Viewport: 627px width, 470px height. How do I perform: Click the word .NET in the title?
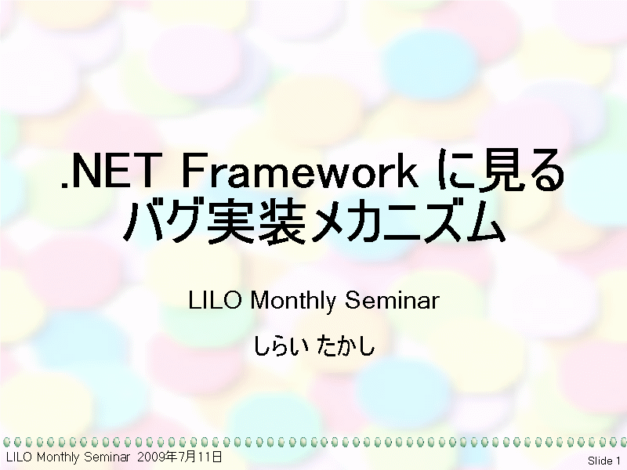tap(108, 171)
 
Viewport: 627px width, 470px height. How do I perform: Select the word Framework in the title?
tap(299, 170)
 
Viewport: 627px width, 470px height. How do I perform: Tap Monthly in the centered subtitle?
tap(293, 300)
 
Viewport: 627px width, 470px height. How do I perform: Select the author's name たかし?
tap(346, 345)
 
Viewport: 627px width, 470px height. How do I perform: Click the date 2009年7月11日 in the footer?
tap(179, 457)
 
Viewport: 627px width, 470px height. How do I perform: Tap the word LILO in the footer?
tap(19, 457)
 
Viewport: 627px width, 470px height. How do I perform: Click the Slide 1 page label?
tap(603, 461)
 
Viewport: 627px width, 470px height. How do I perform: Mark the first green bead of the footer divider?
tap(6, 442)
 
